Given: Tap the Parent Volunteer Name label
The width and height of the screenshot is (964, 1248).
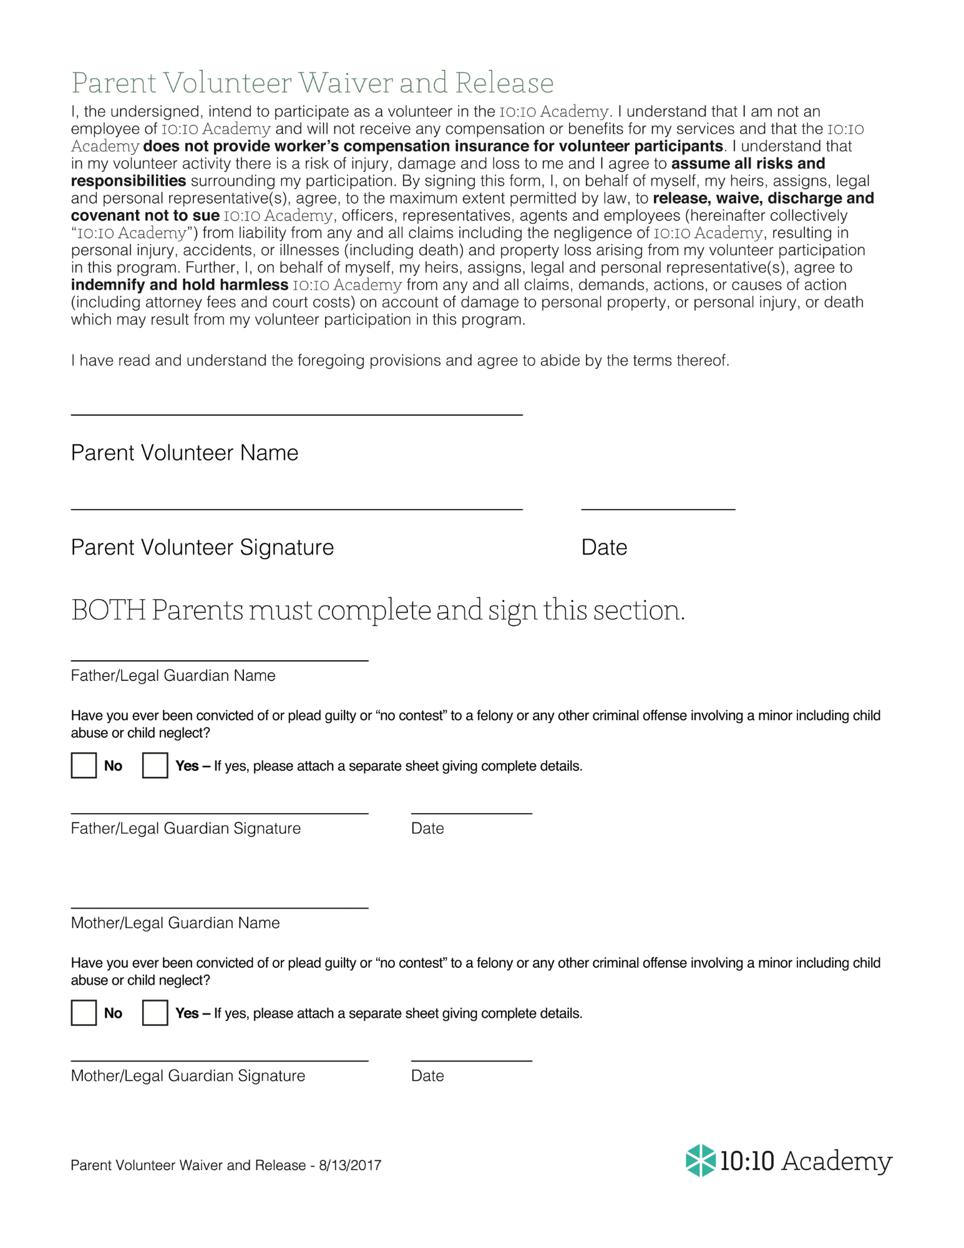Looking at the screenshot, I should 185,453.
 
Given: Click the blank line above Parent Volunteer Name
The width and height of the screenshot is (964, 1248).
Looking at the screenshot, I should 296,413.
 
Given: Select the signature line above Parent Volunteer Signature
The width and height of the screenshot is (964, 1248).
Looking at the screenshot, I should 296,508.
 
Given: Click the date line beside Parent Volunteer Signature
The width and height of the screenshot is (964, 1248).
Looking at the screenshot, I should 658,508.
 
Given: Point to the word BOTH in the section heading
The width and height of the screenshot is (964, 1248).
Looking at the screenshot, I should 109,610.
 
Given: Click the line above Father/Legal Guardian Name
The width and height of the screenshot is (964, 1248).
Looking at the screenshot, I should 220,659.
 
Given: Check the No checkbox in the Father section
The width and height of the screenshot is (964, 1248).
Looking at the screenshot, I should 84,766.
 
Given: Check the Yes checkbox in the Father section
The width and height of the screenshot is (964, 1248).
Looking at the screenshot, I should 155,766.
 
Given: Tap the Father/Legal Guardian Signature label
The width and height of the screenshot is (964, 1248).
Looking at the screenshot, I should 186,829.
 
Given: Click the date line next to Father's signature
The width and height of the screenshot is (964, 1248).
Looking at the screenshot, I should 471,812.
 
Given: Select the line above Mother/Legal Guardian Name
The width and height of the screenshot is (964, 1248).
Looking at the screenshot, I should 220,907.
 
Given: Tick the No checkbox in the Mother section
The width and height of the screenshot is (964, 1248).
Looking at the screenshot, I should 84,1013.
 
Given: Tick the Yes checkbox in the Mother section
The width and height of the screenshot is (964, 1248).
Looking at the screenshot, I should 155,1013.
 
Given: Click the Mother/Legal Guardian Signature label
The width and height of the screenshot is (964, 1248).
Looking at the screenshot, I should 188,1076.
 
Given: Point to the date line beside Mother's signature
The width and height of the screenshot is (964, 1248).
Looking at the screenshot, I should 471,1060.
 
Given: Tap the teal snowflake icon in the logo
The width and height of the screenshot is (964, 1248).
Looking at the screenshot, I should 700,1161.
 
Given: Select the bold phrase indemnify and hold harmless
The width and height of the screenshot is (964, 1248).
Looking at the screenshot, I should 179,285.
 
